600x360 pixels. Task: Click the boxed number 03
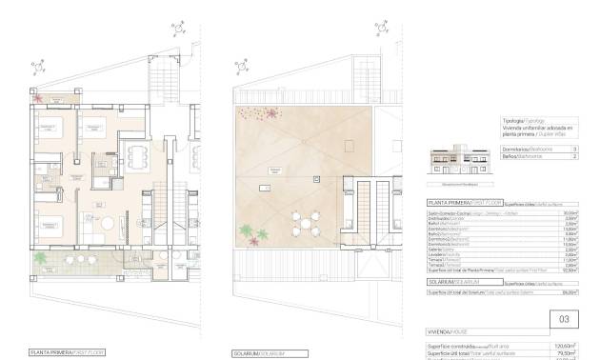563,319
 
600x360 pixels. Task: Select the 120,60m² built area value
565,346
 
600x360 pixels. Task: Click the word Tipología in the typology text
510,121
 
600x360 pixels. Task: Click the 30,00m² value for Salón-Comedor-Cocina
569,212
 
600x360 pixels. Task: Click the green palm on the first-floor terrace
42,257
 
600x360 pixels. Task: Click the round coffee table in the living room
108,223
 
